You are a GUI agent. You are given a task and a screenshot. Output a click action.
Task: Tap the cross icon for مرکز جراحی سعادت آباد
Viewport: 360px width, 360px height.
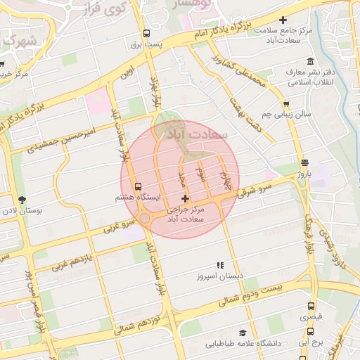(185, 200)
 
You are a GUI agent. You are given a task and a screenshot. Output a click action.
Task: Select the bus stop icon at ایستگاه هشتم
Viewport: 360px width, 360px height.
(138, 187)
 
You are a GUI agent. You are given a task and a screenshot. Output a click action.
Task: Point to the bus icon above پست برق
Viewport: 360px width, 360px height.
(146, 34)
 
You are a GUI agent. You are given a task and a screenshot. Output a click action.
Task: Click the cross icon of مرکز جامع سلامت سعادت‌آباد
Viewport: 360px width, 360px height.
(283, 21)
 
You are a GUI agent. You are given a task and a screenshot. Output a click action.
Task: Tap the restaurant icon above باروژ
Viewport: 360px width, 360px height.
(303, 162)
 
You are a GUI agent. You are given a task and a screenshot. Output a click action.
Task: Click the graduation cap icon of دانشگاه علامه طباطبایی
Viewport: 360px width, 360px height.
(243, 333)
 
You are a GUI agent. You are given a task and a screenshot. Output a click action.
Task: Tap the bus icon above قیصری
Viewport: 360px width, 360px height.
(311, 307)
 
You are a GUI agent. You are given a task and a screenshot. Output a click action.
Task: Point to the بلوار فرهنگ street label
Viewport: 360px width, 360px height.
(308, 233)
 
